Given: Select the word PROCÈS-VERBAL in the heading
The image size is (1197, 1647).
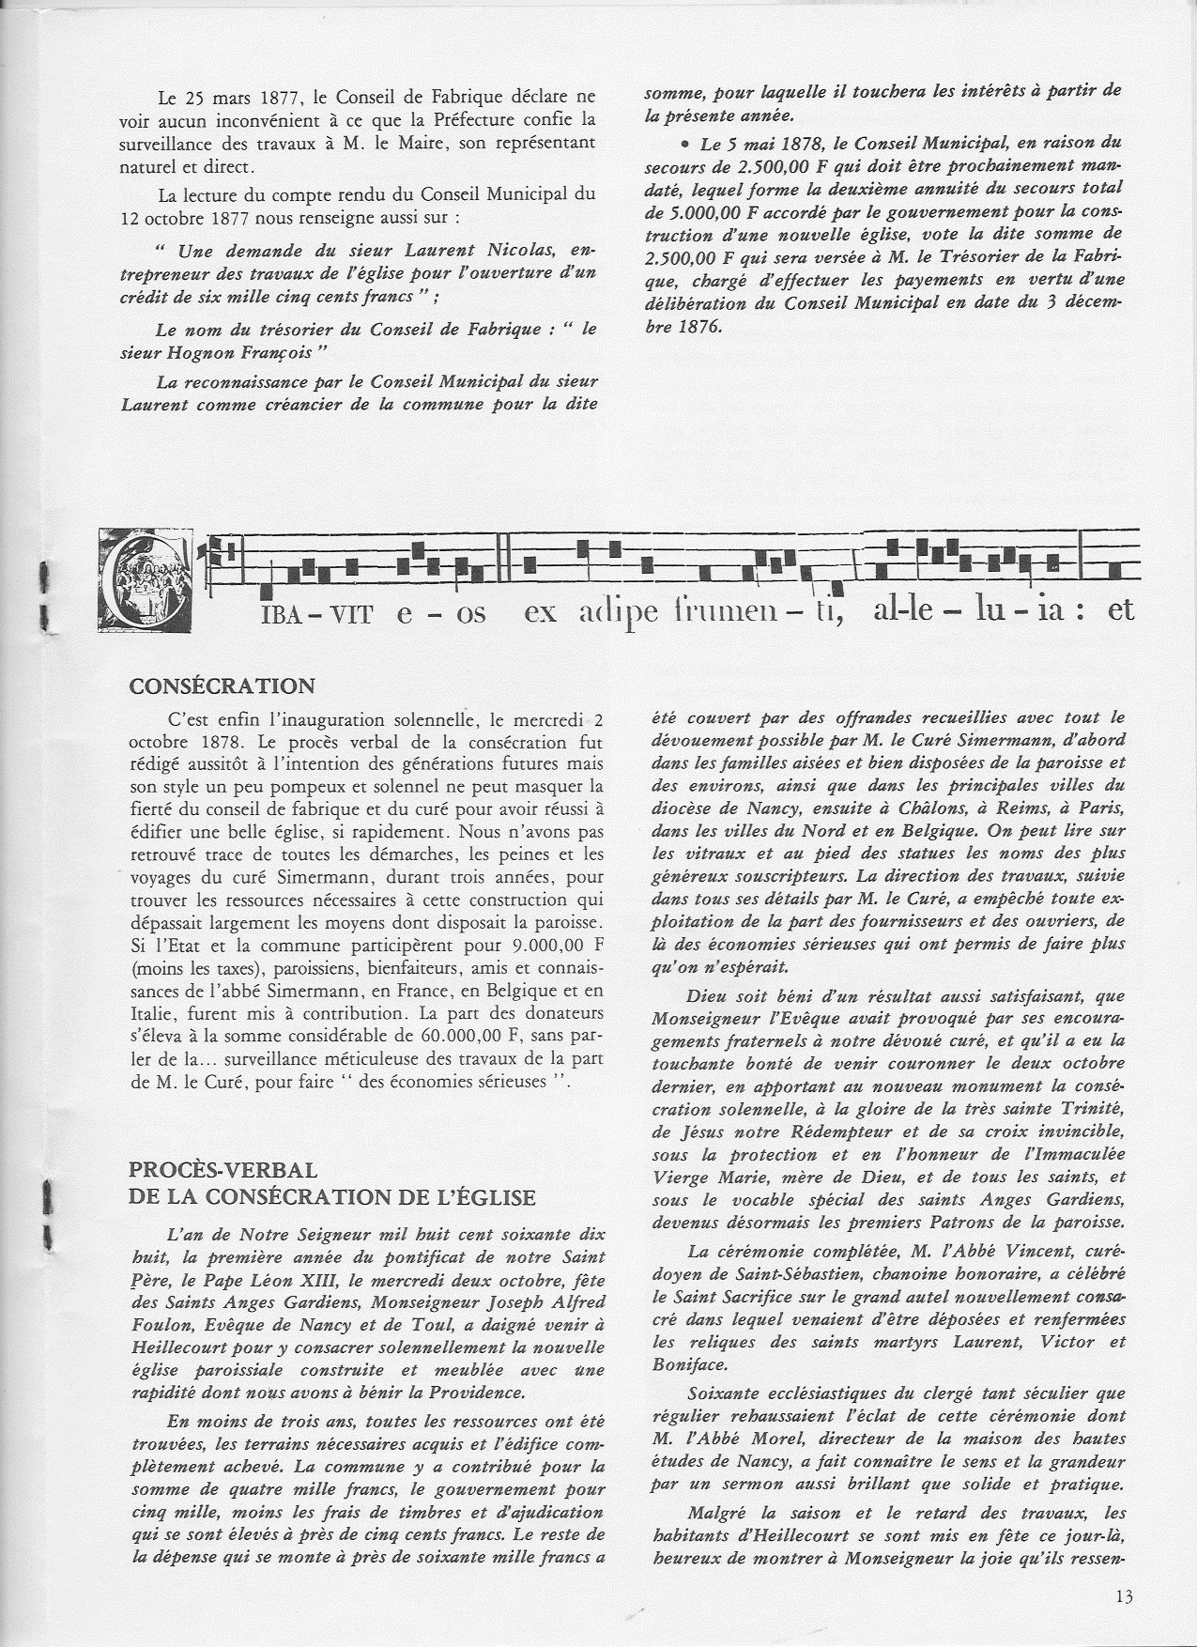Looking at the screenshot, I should (x=223, y=1170).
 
